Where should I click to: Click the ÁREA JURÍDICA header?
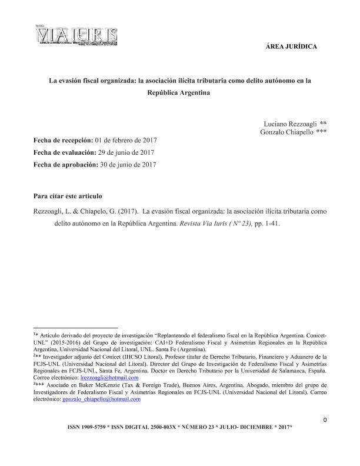coord(292,46)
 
